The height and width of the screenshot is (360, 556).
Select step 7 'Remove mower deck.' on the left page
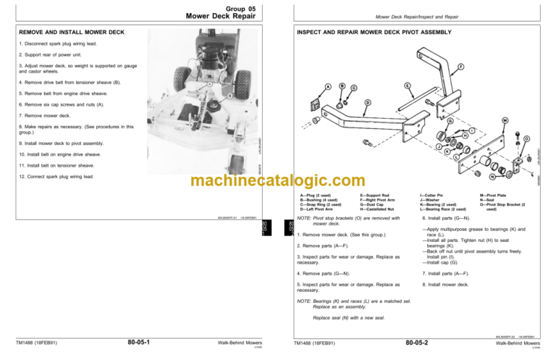point(49,116)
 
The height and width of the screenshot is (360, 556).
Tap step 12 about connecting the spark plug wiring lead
point(62,176)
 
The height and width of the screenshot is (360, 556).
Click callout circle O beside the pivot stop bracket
point(527,138)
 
